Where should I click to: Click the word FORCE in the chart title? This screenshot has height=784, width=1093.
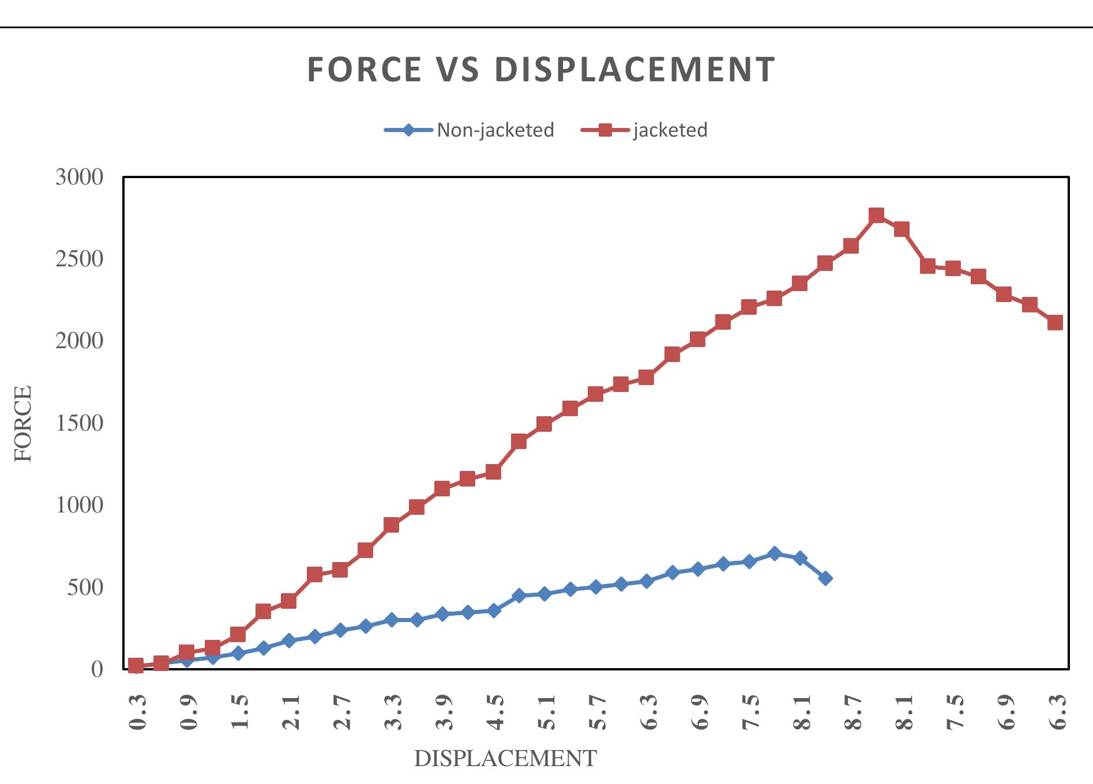click(x=365, y=70)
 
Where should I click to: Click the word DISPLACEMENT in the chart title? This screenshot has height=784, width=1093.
click(x=634, y=70)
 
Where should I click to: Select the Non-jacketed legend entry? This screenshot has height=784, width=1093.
click(x=495, y=130)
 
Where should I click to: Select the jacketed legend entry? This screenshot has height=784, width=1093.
click(x=670, y=130)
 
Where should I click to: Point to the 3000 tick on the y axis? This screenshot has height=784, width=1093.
click(x=79, y=177)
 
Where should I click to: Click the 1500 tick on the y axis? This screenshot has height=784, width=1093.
click(x=79, y=423)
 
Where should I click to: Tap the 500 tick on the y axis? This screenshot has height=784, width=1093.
click(x=86, y=587)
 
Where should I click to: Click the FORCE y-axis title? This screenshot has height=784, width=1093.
click(x=24, y=424)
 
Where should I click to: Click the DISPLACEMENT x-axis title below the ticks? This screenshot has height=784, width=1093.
click(x=505, y=759)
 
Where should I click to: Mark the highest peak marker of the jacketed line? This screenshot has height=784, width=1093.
click(x=876, y=216)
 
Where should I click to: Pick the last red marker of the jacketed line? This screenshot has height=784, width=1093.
click(x=1055, y=322)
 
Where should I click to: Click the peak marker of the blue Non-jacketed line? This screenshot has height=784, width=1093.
click(x=774, y=553)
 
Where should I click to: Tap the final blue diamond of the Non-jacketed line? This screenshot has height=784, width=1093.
click(x=825, y=578)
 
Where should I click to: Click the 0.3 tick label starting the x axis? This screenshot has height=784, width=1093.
click(x=137, y=713)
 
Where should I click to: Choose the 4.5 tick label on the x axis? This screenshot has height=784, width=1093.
click(x=494, y=713)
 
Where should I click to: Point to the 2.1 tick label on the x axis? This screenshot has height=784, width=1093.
click(x=290, y=713)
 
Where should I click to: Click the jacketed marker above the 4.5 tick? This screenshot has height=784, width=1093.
click(x=493, y=472)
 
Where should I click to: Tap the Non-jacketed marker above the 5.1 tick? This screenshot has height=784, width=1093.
click(x=544, y=594)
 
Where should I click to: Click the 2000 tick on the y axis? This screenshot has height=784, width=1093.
click(x=79, y=341)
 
